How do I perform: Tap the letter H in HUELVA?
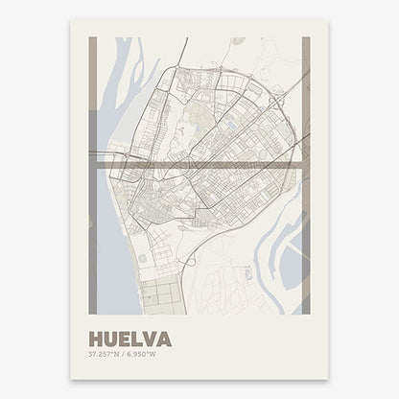point(93,339)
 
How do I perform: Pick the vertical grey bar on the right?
point(306,115)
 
